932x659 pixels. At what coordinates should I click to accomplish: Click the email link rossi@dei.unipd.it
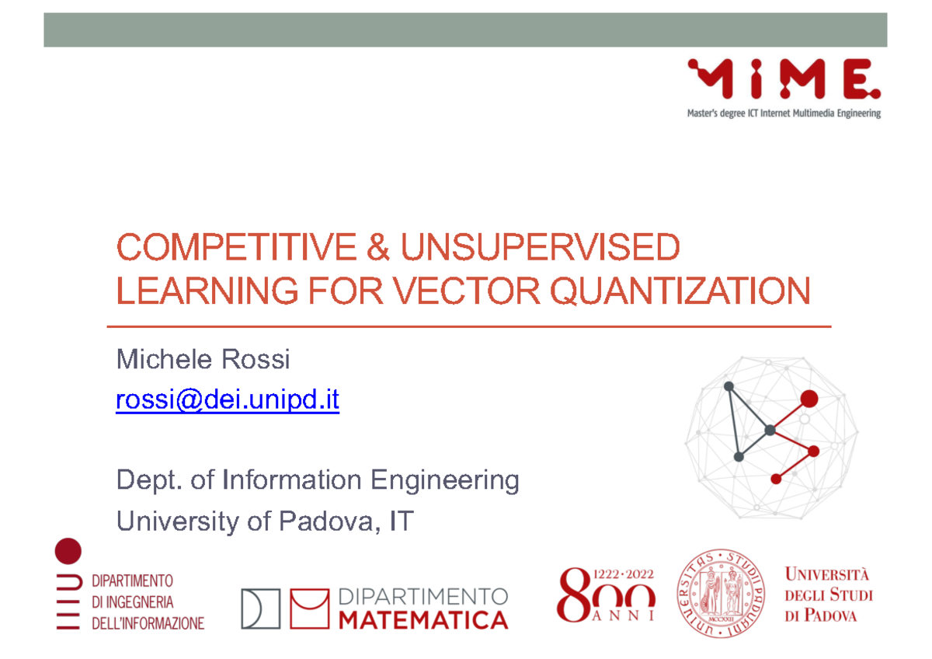click(x=227, y=401)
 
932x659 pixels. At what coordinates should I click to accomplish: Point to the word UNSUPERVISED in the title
click(x=540, y=249)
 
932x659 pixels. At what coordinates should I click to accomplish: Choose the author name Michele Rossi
click(x=203, y=360)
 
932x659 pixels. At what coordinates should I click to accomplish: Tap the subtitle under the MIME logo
click(x=784, y=113)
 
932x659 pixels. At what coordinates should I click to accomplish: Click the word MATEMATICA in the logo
click(x=424, y=619)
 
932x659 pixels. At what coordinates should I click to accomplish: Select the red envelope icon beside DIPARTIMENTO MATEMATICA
click(x=308, y=608)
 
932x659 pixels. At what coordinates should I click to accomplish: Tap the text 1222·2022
click(x=624, y=574)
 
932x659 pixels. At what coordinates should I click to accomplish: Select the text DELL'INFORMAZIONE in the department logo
click(x=148, y=623)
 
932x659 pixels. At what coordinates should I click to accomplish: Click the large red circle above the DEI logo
click(x=68, y=551)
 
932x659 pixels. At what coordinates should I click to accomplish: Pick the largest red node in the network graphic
click(x=809, y=399)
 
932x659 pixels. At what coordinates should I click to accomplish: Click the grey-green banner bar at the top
click(x=465, y=30)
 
